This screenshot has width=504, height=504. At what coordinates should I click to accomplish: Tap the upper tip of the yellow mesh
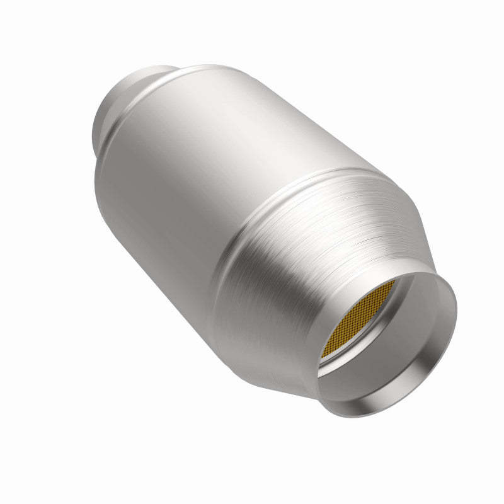(393, 282)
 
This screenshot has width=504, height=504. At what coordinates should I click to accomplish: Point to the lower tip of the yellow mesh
(323, 357)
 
